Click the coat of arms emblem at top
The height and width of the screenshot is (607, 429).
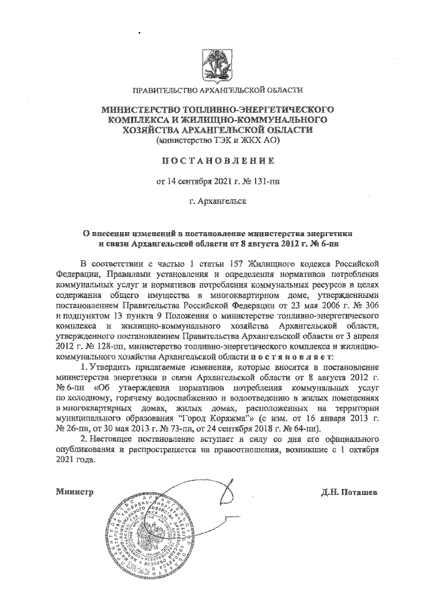pyautogui.click(x=214, y=62)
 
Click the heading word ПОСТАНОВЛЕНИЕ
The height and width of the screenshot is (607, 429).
pyautogui.click(x=214, y=161)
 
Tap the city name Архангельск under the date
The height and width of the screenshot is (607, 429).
pyautogui.click(x=219, y=200)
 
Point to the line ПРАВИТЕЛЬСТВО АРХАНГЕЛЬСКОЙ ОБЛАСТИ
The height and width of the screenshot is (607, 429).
pyautogui.click(x=214, y=90)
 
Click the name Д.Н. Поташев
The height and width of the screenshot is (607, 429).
pyautogui.click(x=351, y=492)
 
